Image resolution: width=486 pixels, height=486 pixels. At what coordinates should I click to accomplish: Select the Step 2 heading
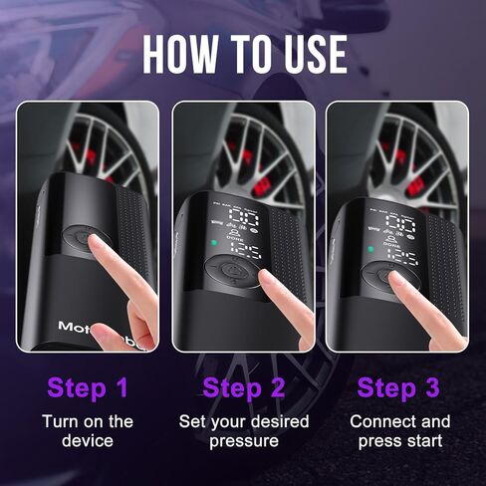[x=243, y=386]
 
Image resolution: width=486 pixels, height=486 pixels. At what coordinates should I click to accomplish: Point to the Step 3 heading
[x=402, y=386]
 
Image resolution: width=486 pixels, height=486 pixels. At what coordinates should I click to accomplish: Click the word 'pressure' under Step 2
[x=244, y=441]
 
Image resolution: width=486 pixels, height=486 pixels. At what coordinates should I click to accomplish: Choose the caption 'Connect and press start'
[x=402, y=431]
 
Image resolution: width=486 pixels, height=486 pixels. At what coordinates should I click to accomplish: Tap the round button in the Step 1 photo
[x=80, y=239]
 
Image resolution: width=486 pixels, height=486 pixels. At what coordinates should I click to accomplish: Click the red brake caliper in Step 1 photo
[x=96, y=159]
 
